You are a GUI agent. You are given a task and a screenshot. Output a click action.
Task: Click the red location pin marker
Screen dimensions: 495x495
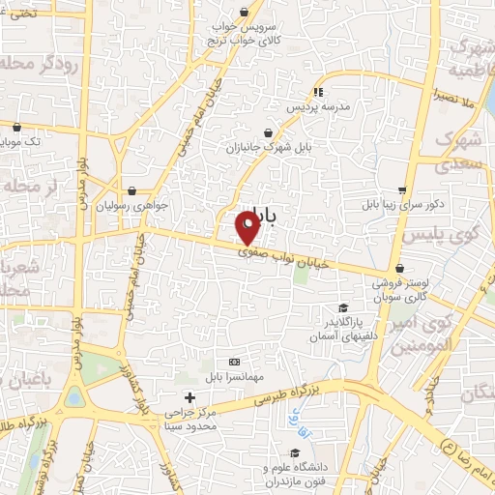[x=247, y=228]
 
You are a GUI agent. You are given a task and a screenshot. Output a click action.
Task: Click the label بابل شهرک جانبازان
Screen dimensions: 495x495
[x=267, y=149]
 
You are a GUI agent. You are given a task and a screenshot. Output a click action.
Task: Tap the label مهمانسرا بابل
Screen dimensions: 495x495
[x=229, y=374]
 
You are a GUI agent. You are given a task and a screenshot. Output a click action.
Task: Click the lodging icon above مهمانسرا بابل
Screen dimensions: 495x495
[x=230, y=360]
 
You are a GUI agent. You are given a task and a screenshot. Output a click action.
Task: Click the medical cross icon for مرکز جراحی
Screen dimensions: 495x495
[x=189, y=397]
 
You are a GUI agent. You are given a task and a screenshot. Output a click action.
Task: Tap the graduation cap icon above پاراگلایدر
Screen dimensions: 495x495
[x=343, y=307]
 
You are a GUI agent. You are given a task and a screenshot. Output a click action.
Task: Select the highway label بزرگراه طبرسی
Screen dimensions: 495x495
[x=287, y=392]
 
